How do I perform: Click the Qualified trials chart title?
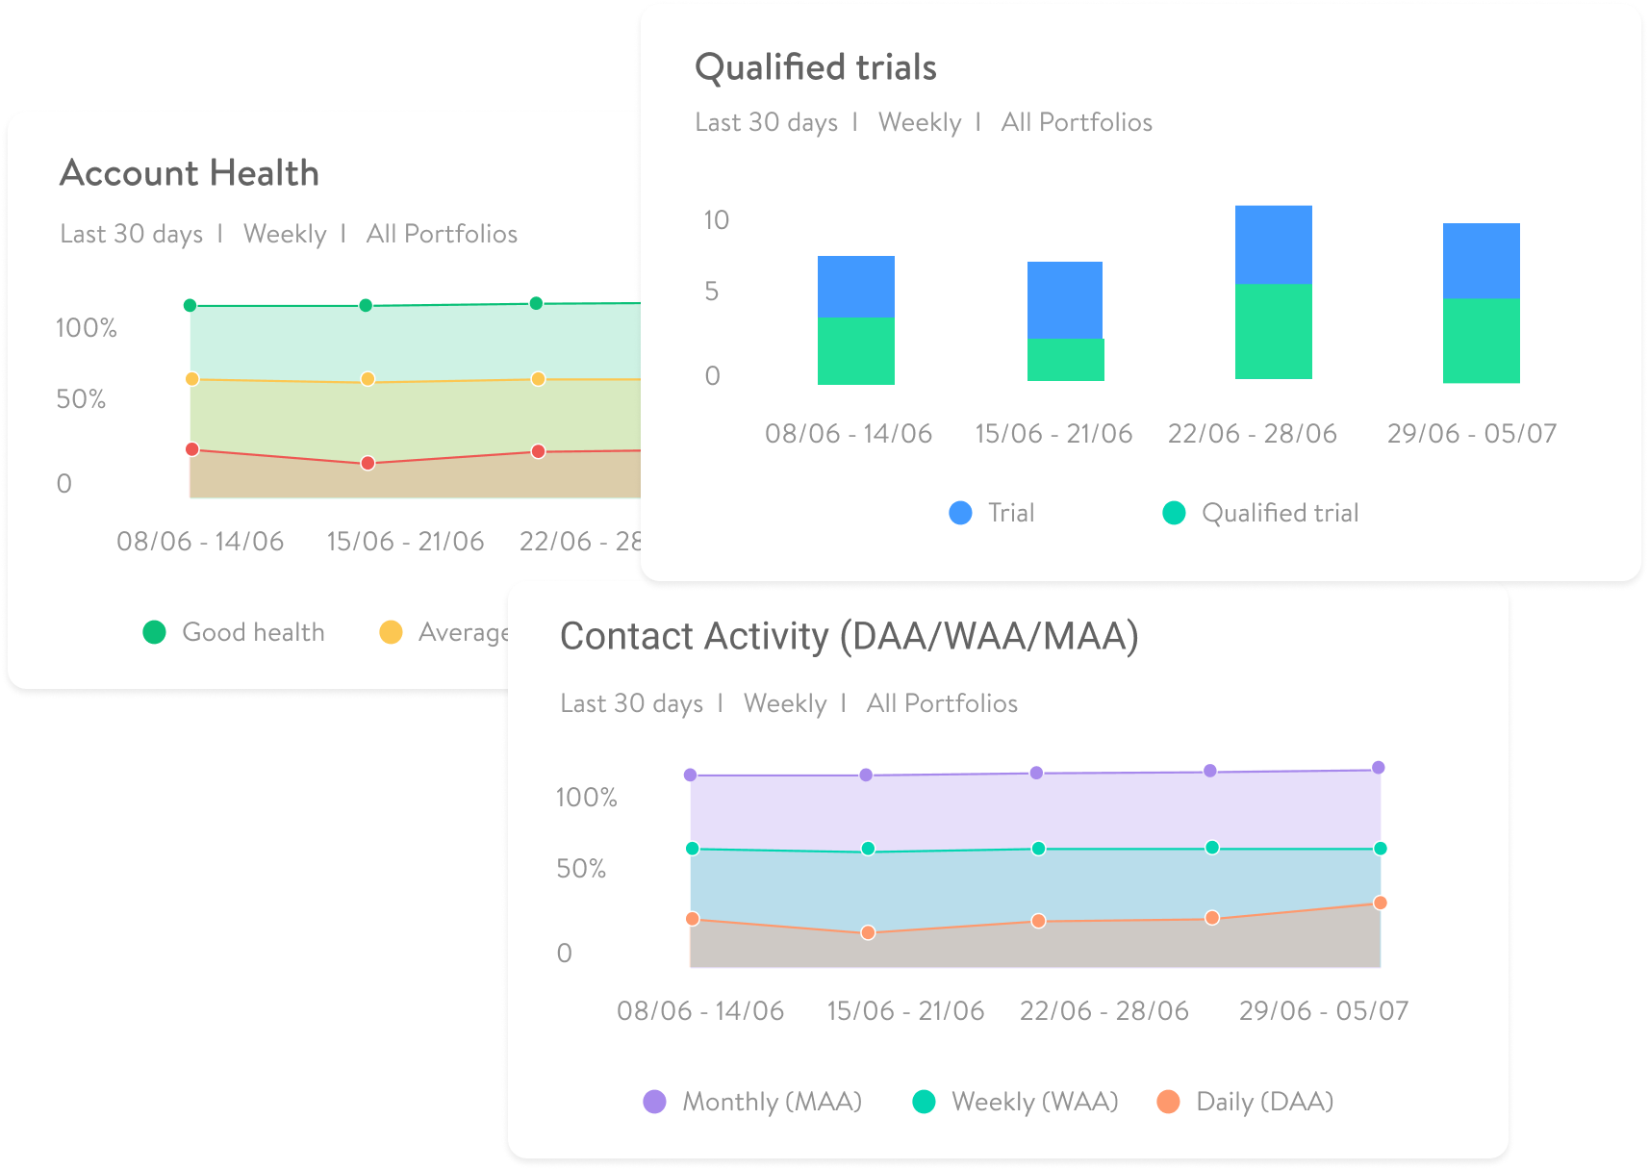[815, 67]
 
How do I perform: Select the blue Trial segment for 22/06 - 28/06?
[1273, 244]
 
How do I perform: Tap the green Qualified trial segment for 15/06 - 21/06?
[1065, 359]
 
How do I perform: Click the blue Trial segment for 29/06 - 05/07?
[1481, 261]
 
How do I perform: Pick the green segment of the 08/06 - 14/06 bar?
[855, 350]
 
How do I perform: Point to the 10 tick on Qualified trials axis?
[716, 220]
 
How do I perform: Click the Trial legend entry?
[992, 513]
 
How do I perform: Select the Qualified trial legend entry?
[1261, 513]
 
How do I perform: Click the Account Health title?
[190, 173]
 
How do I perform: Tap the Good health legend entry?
[234, 632]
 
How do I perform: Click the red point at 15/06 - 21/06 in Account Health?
[368, 463]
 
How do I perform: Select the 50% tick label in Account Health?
[81, 399]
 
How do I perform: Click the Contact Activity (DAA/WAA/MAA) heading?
[849, 636]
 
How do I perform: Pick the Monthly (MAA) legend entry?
[753, 1102]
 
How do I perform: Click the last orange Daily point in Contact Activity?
[1380, 903]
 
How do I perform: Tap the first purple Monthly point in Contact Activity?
[690, 775]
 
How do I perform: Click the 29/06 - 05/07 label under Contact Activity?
[1323, 1011]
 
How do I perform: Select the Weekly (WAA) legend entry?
[1016, 1102]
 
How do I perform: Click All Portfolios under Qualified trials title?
[1076, 122]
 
